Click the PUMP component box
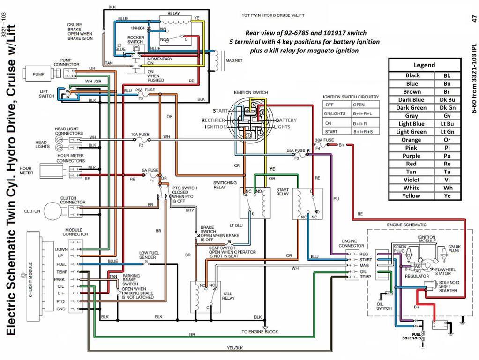click(x=38, y=74)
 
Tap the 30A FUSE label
click(x=325, y=140)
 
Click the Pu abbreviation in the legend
click(x=447, y=156)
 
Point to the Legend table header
click(x=424, y=65)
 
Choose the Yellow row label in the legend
click(x=411, y=196)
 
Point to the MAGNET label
click(x=233, y=60)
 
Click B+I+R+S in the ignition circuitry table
click(x=365, y=131)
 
